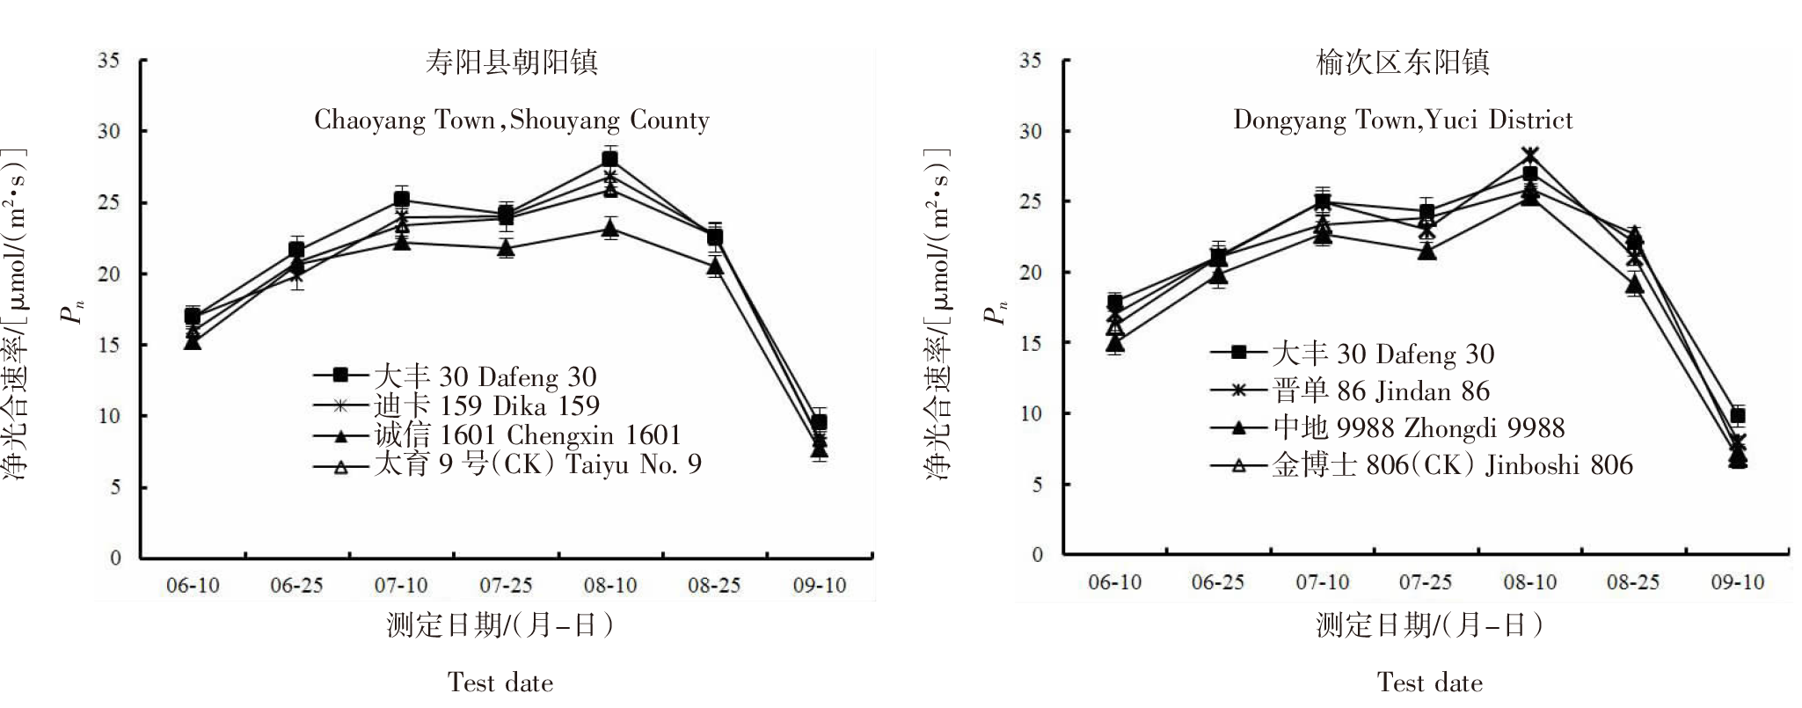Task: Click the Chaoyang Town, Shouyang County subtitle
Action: [512, 120]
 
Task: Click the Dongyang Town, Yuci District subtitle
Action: [1403, 120]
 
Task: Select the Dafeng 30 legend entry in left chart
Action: [485, 376]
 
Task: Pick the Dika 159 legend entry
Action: [486, 405]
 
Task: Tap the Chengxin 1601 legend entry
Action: [527, 434]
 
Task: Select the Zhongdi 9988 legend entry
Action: [1419, 427]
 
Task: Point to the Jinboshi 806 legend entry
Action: [1452, 464]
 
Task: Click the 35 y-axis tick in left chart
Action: [109, 60]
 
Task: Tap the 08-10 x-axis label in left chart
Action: [610, 586]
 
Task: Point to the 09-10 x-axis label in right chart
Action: [1737, 582]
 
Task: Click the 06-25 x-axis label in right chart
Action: [1217, 582]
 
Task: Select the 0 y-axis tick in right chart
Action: [1037, 555]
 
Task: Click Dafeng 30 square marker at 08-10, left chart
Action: [609, 159]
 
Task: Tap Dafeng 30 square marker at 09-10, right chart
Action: [1737, 415]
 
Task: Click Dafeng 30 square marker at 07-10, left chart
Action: [401, 200]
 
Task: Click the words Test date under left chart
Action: [500, 682]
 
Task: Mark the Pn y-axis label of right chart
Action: [997, 312]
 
